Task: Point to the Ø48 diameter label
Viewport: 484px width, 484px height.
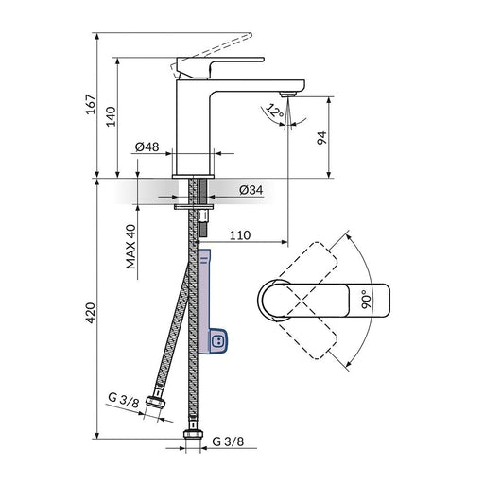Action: coord(147,147)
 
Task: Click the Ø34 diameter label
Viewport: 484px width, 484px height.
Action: coord(251,189)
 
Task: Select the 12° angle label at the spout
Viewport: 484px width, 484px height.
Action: coord(275,111)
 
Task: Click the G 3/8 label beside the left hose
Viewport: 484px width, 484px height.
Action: coord(124,401)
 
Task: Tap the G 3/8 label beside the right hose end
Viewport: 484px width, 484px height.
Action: coord(227,441)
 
